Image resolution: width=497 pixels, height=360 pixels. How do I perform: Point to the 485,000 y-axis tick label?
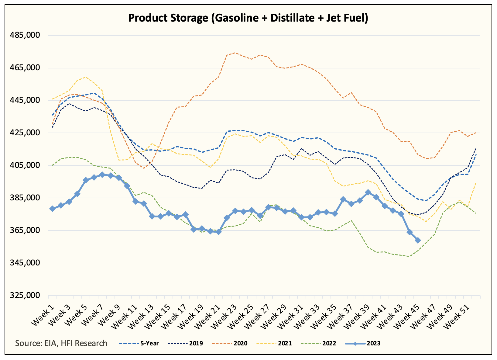25,35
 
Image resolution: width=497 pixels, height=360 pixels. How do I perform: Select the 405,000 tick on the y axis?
25,165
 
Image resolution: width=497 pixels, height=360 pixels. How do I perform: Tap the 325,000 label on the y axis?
25,295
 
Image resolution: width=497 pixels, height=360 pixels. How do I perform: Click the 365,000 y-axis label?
25,230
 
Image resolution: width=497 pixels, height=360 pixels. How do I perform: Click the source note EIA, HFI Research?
61,343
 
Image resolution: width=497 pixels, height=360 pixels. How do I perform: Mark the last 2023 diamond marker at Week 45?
418,241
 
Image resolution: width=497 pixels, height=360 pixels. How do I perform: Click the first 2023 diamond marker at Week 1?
52,209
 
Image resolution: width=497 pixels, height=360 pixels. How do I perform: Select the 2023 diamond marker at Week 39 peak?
368,192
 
